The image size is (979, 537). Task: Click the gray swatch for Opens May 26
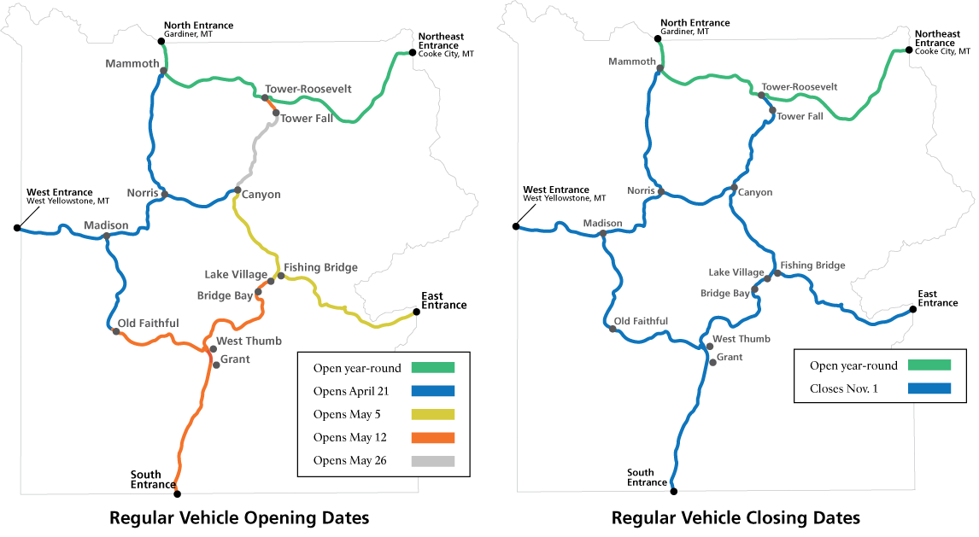click(432, 461)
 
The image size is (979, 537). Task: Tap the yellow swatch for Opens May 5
click(432, 415)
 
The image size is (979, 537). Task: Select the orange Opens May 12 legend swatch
click(432, 438)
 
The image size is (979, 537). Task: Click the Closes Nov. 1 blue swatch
click(929, 388)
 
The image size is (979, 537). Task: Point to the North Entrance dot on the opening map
click(161, 41)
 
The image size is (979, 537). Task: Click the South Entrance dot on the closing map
click(674, 492)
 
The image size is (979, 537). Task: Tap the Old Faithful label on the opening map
click(148, 323)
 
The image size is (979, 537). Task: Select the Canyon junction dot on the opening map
click(237, 190)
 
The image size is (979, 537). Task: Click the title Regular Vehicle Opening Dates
click(239, 518)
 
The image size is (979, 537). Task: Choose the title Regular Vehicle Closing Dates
click(736, 518)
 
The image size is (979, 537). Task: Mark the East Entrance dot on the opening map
click(416, 312)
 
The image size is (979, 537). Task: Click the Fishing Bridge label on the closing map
click(812, 265)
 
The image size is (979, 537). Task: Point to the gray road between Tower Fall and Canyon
click(255, 153)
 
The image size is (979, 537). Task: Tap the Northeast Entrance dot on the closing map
click(909, 50)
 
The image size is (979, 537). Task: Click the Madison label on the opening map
click(106, 225)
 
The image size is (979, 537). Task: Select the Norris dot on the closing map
click(660, 192)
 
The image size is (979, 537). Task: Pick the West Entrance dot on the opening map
click(17, 228)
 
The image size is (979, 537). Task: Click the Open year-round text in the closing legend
click(853, 365)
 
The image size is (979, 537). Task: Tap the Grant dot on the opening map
click(216, 365)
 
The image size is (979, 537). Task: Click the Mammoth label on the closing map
click(632, 61)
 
